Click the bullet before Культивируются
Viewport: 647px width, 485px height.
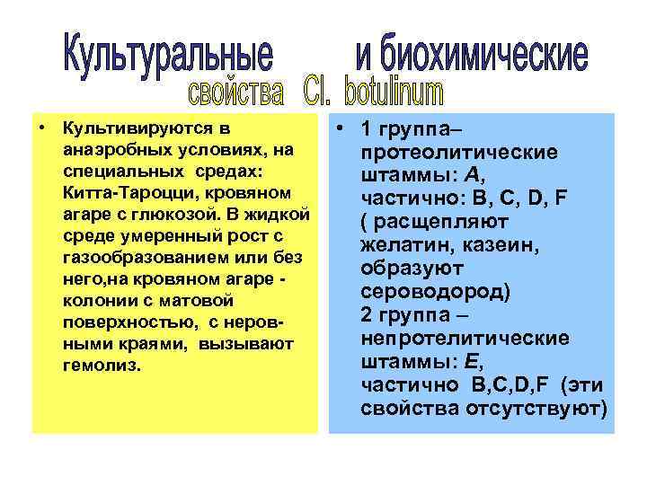pyautogui.click(x=43, y=129)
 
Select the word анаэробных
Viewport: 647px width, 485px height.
pyautogui.click(x=116, y=150)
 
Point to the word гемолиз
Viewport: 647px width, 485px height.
pyautogui.click(x=102, y=366)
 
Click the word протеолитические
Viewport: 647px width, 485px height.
pyautogui.click(x=457, y=154)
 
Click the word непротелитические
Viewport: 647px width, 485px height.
pyautogui.click(x=464, y=339)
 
